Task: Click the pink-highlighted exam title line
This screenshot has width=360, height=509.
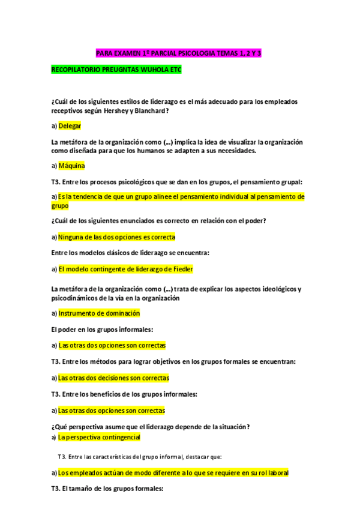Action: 178,53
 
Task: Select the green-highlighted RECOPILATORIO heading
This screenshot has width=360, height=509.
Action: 116,70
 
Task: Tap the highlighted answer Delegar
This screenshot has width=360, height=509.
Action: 70,125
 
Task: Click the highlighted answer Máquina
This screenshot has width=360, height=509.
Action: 71,165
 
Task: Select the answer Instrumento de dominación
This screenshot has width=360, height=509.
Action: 99,313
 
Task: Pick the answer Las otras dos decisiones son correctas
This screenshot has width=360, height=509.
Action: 113,378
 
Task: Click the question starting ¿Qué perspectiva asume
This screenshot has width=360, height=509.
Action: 150,427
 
